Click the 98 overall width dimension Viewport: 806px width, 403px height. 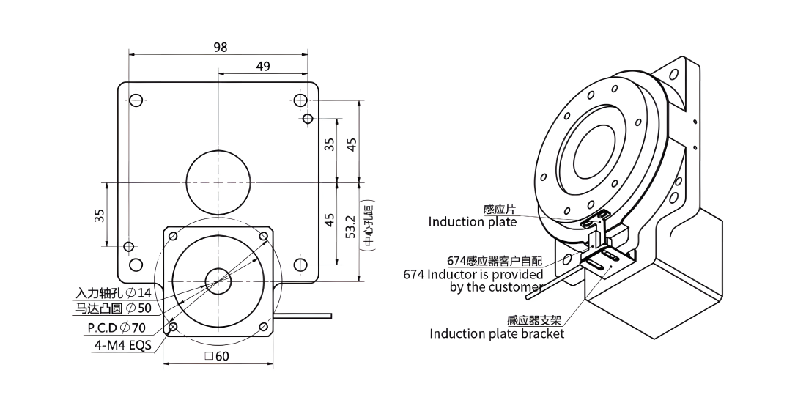click(220, 48)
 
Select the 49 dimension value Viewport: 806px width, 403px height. click(263, 66)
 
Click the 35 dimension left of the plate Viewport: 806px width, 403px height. click(100, 215)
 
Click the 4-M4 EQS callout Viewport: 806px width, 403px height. click(123, 345)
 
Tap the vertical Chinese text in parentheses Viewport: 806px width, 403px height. click(368, 226)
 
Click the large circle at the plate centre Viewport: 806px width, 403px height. click(218, 182)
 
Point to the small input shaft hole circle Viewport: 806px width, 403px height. click(218, 281)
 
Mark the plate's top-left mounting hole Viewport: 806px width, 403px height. click(136, 100)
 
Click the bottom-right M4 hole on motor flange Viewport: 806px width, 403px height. click(264, 326)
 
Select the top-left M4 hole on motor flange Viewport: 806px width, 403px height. click(173, 237)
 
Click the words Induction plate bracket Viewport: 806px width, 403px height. click(497, 333)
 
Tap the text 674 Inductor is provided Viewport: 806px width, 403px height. click(473, 275)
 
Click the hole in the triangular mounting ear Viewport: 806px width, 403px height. click(673, 75)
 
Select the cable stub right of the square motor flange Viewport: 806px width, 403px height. click(303, 316)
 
